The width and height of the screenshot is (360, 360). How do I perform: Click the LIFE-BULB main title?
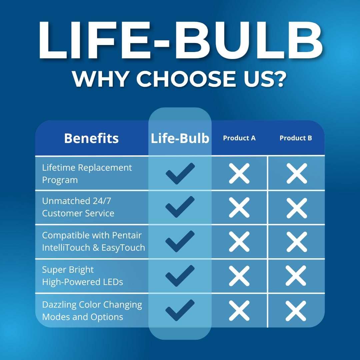tap(181, 40)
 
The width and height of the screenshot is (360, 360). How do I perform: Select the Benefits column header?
tap(91, 138)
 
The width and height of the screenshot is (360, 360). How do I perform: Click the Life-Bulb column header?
tap(180, 138)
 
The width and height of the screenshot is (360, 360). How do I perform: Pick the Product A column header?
tap(239, 138)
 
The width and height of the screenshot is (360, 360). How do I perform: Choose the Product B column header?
tap(296, 138)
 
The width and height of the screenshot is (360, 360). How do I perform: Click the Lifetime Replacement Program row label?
tap(87, 174)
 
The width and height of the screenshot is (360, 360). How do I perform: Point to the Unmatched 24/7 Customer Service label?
tap(78, 207)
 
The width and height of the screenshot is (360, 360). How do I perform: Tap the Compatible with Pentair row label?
tap(93, 242)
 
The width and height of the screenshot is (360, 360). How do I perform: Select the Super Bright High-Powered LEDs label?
tap(82, 276)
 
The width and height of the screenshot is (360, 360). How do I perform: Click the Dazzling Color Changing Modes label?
tap(92, 311)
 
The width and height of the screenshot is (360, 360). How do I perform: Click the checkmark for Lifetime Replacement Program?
tap(180, 174)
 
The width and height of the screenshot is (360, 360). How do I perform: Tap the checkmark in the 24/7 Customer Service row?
tap(180, 207)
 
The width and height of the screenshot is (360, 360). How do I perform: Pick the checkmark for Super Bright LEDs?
tap(180, 276)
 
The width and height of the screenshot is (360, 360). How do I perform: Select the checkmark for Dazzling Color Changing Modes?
tap(180, 310)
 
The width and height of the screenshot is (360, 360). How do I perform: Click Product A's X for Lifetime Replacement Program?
tap(239, 173)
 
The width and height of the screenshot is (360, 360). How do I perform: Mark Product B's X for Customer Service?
tap(297, 208)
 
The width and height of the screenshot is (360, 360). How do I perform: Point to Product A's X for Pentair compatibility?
tap(239, 242)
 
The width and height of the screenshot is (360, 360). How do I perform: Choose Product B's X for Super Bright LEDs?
tap(296, 276)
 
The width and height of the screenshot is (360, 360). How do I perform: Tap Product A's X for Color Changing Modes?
tap(239, 311)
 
